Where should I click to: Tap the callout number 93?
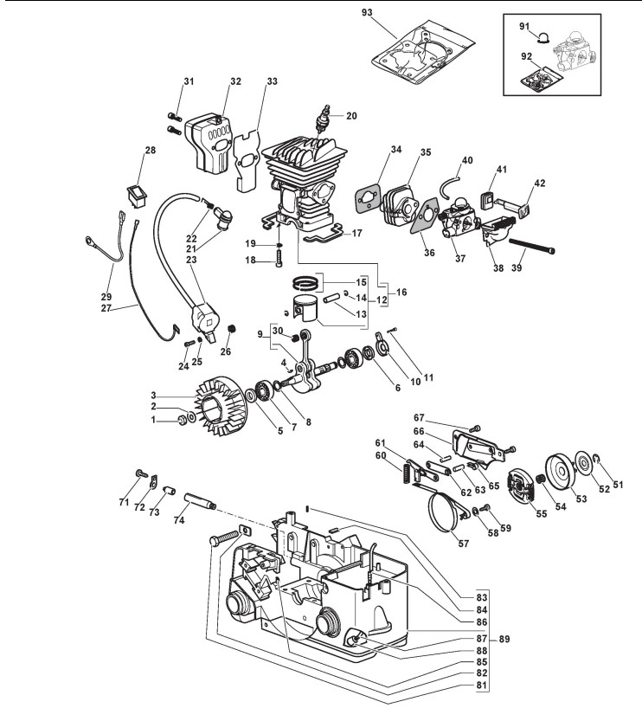point(367,12)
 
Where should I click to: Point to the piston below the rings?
point(306,309)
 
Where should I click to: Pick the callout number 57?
point(464,544)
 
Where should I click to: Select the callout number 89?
point(504,639)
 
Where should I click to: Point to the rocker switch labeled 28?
point(137,196)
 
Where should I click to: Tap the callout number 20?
point(351,116)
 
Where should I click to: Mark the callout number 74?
point(179,520)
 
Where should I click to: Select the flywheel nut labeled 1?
point(182,419)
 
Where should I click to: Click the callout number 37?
point(460,259)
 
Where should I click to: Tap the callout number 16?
point(401,292)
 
